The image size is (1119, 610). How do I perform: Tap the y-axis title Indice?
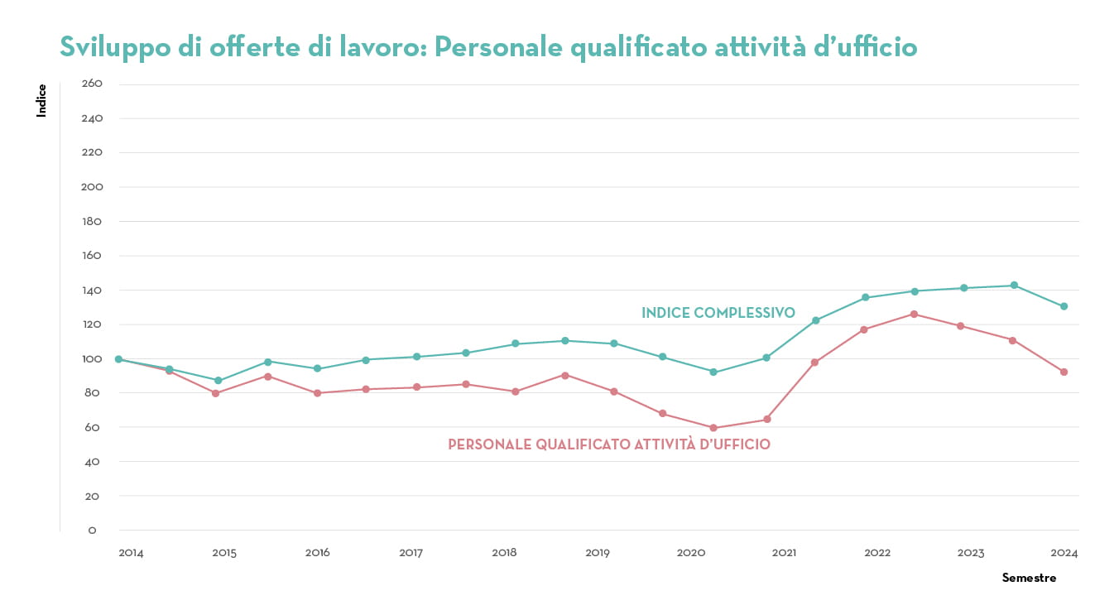click(41, 100)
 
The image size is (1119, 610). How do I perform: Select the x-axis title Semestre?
click(1029, 578)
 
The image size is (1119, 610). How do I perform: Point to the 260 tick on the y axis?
click(92, 84)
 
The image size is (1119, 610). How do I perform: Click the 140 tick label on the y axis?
click(92, 291)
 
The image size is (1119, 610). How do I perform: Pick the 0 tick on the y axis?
click(92, 531)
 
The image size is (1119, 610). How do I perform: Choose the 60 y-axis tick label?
click(92, 428)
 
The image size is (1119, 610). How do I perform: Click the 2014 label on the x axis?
click(131, 553)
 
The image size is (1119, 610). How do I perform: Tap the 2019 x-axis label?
click(598, 553)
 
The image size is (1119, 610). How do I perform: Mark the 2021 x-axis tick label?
click(785, 553)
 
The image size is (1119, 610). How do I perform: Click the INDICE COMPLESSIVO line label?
click(718, 313)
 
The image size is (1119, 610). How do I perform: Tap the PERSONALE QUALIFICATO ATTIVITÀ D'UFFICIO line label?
click(609, 444)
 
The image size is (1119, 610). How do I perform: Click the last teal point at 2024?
click(1064, 306)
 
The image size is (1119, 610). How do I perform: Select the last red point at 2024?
click(1064, 372)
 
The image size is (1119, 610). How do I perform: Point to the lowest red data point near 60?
click(713, 428)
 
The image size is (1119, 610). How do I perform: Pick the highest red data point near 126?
click(914, 315)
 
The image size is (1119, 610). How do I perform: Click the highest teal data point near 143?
click(1014, 286)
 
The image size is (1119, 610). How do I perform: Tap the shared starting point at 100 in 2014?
click(118, 359)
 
